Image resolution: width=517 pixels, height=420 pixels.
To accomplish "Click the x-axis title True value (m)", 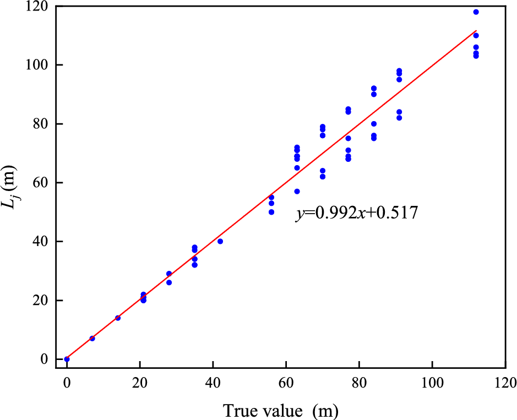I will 280,410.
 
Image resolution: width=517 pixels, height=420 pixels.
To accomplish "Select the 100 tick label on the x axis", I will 432,381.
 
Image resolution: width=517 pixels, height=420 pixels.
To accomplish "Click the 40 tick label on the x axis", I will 213,381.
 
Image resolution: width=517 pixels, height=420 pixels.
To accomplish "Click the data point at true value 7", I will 92,339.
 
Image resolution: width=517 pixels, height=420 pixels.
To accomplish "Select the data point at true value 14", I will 118,318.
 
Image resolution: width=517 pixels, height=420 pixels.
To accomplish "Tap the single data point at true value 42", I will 220,241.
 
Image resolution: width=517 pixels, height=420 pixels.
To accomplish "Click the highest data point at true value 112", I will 476,12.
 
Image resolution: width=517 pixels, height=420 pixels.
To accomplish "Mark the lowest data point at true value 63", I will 297,192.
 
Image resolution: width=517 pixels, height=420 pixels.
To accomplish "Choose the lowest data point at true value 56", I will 271,212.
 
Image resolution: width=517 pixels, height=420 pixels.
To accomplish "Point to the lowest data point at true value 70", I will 323,177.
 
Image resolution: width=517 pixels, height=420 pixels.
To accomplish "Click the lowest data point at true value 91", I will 399,118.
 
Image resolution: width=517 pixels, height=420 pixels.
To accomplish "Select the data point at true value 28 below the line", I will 169,282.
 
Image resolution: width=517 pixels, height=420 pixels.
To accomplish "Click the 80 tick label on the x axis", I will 359,381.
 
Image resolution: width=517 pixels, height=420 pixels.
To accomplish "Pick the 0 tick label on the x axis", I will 67,381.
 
